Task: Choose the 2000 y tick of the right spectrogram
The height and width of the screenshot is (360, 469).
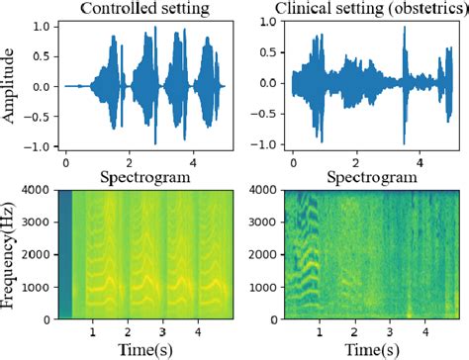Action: point(264,255)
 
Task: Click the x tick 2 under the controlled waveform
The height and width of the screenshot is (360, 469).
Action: point(127,161)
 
